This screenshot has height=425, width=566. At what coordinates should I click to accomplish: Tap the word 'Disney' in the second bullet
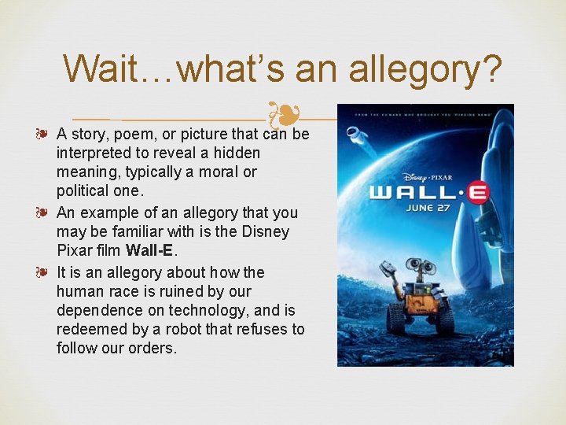coord(264,232)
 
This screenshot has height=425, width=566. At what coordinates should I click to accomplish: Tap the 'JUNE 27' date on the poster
coord(429,208)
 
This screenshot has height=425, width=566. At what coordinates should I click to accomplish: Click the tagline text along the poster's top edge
coord(425,111)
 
